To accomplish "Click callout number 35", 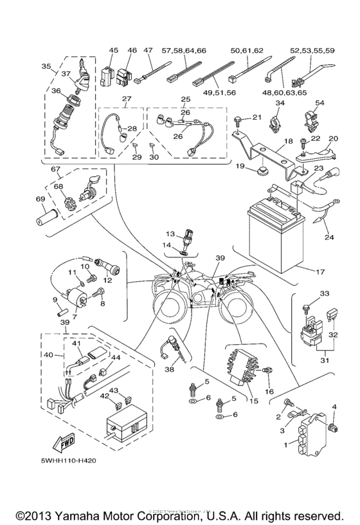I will [46, 66].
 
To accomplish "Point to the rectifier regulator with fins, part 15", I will [242, 370].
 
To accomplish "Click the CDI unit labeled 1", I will [309, 438].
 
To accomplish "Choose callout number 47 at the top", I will [147, 50].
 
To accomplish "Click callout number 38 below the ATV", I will [169, 369].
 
